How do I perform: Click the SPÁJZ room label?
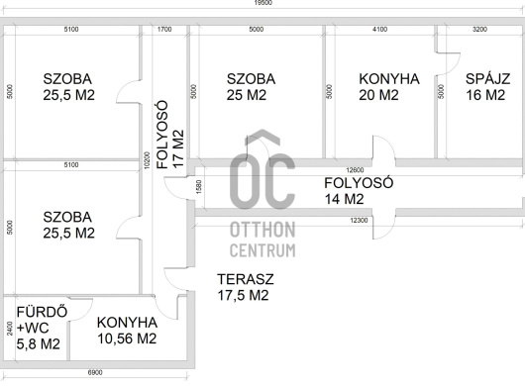(487, 79)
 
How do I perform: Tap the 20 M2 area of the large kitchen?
(378, 95)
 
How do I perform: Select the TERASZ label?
(246, 279)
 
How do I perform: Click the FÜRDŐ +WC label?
(42, 320)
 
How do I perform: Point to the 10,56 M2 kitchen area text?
(127, 338)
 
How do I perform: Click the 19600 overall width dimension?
(263, 3)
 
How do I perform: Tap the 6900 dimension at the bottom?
(95, 372)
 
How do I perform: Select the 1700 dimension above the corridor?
(164, 30)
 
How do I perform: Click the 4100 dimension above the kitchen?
(380, 30)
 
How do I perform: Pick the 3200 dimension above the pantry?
(479, 30)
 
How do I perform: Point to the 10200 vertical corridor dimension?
(147, 160)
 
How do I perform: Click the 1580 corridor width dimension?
(198, 187)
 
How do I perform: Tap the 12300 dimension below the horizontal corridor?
(359, 221)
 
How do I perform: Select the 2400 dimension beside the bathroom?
(10, 329)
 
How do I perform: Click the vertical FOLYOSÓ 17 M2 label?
(170, 135)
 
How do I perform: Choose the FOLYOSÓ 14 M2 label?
(359, 191)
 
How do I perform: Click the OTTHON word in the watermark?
(262, 230)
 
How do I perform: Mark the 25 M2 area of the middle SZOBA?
(247, 95)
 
